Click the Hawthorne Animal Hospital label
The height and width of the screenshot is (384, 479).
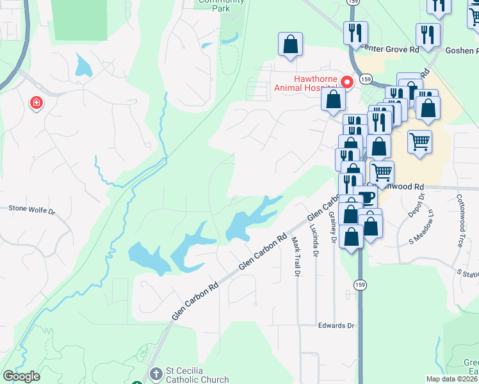point(305,84)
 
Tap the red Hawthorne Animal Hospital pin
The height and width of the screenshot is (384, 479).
point(347,82)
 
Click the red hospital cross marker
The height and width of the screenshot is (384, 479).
point(37,102)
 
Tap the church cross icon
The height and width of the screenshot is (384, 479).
point(154,373)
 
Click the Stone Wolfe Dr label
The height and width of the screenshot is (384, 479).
point(32,208)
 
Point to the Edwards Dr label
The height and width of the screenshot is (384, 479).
point(336,326)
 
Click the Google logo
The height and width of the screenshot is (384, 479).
point(21,376)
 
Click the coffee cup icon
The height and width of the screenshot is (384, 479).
point(365,198)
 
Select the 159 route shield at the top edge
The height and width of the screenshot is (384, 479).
point(353,2)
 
